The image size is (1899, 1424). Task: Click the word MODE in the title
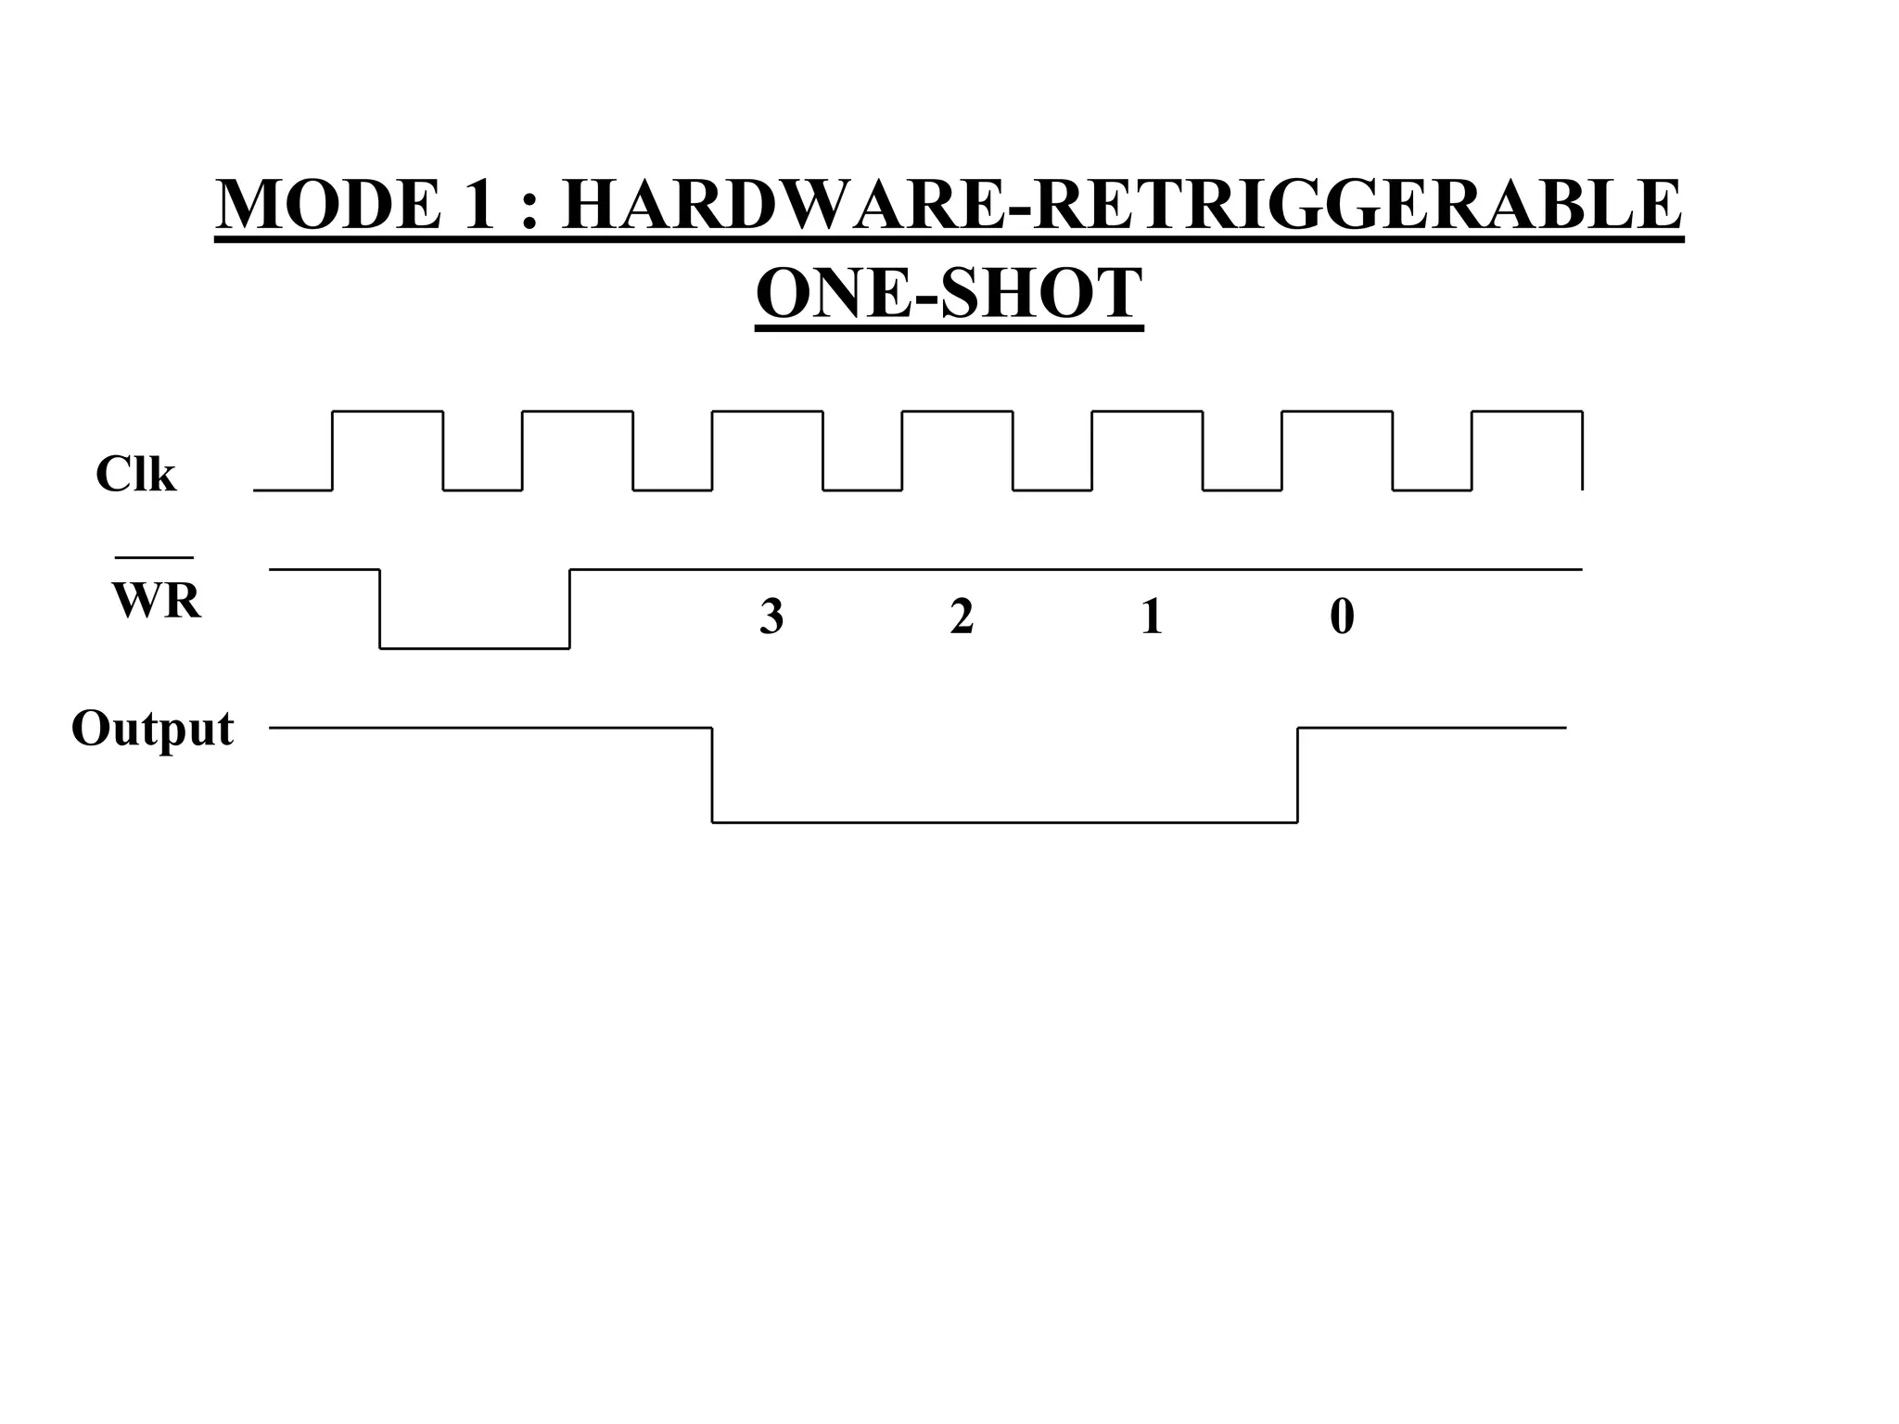328,205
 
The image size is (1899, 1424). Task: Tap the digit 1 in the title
478,205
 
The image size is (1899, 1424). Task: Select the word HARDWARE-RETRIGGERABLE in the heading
1121,205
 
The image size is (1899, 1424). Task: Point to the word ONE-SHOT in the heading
949,293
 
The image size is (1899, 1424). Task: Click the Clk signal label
135,475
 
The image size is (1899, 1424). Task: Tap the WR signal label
156,601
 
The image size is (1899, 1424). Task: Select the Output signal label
152,729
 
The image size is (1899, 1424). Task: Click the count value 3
771,617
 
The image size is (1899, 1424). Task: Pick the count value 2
962,617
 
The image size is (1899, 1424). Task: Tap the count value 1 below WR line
1152,617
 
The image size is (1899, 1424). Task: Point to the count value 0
1342,617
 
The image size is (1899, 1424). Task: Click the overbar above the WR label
154,558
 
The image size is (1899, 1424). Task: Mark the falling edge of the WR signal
380,608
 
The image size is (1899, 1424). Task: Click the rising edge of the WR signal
569,608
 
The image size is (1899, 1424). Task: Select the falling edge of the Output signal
712,775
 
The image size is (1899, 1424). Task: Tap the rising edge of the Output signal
1297,775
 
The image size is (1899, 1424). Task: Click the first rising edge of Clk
333,450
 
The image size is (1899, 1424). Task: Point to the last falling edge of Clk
1582,450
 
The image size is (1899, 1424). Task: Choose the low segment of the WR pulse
475,648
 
